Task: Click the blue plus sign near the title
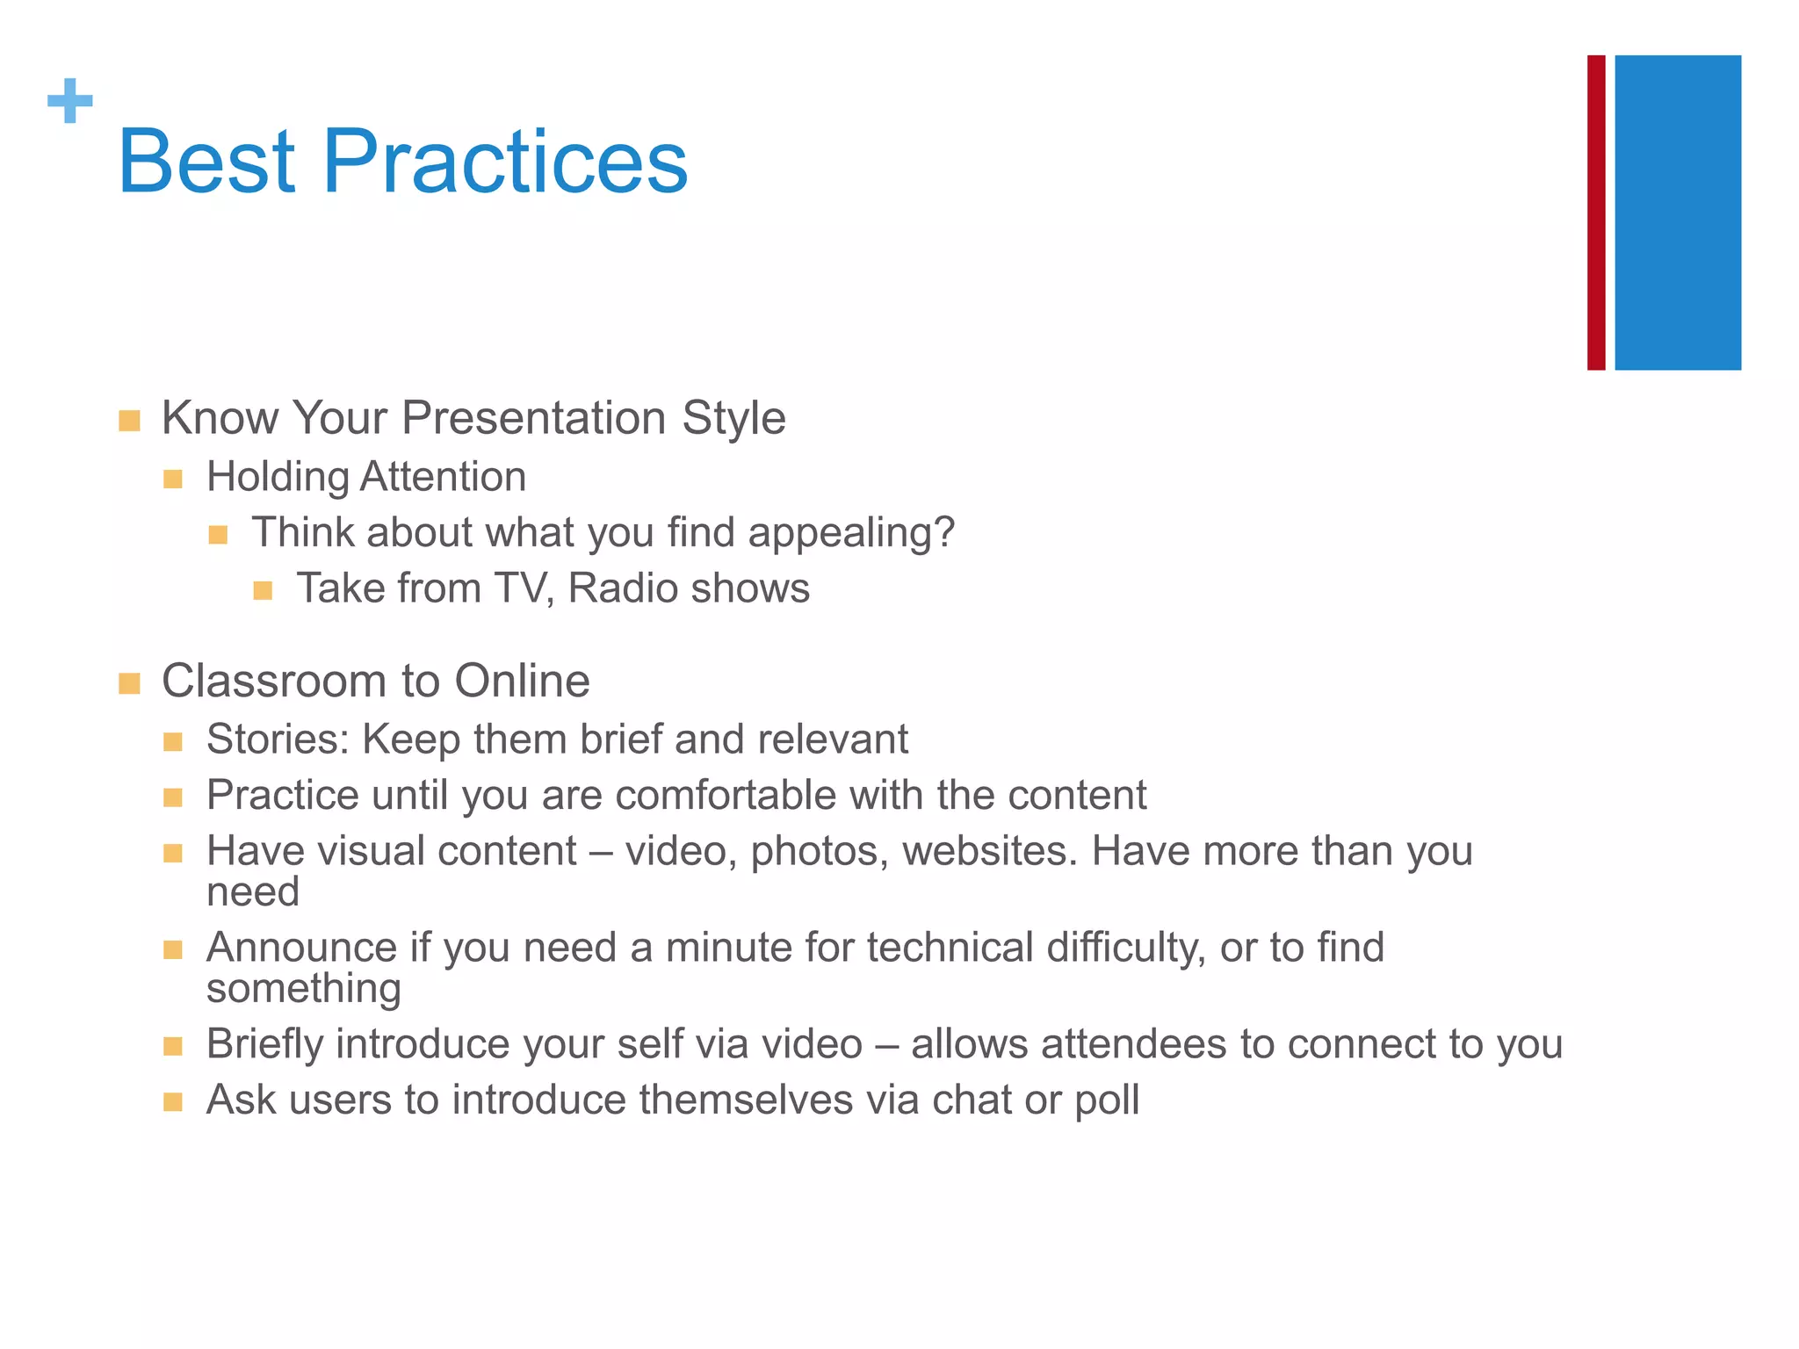coord(70,101)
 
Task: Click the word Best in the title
coord(206,162)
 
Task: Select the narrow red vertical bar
coord(1596,213)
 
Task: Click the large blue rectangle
coord(1678,213)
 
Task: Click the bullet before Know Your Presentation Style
coord(129,421)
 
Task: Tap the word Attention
coord(443,477)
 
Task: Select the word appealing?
coord(851,533)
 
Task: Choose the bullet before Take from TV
coord(263,590)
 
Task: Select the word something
coord(303,990)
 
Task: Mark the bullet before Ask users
coord(173,1102)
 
